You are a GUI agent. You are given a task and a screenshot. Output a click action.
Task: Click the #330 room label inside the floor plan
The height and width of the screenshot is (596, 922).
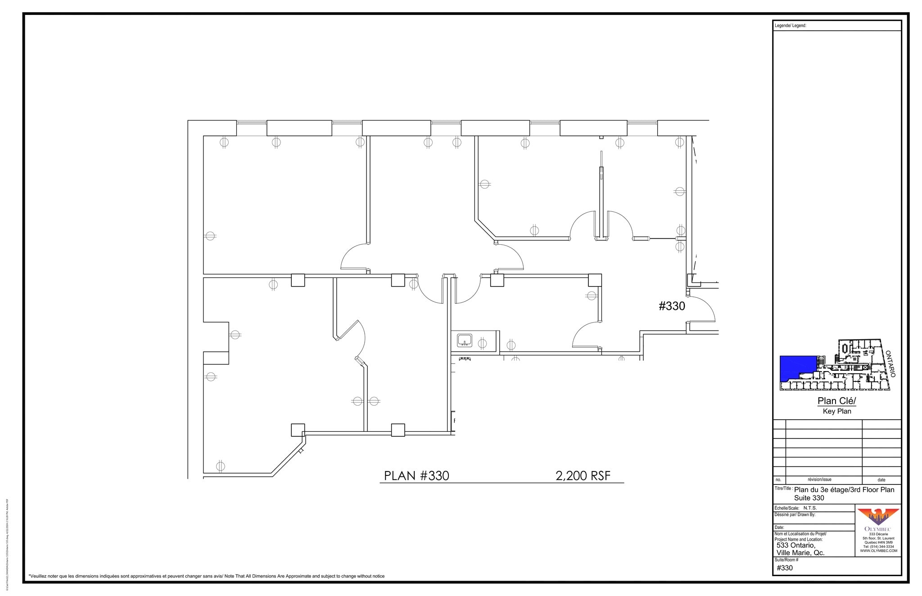pyautogui.click(x=672, y=306)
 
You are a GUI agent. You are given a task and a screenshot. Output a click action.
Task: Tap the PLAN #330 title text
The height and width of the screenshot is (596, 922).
pyautogui.click(x=416, y=475)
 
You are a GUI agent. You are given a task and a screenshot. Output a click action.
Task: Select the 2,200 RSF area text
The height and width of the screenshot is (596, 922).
pyautogui.click(x=583, y=475)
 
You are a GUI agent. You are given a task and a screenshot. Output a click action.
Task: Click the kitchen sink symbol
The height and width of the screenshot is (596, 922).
pyautogui.click(x=465, y=340)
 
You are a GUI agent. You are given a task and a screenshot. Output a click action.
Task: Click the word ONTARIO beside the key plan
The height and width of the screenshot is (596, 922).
pyautogui.click(x=890, y=363)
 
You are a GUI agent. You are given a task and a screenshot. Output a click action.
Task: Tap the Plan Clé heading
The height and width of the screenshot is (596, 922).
pyautogui.click(x=836, y=401)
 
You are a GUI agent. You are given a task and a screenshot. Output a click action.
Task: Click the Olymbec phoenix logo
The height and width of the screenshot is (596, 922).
pyautogui.click(x=878, y=516)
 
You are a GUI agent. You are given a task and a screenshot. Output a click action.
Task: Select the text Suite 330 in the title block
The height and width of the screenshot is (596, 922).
pyautogui.click(x=809, y=498)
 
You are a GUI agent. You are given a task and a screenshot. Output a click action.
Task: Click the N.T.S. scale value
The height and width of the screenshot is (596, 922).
pyautogui.click(x=810, y=508)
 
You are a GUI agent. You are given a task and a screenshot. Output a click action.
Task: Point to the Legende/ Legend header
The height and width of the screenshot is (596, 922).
pyautogui.click(x=791, y=26)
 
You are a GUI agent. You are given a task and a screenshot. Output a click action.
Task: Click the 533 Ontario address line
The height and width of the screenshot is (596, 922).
pyautogui.click(x=796, y=545)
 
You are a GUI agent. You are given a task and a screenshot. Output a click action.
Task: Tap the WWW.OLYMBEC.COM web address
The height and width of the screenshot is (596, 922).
pyautogui.click(x=878, y=551)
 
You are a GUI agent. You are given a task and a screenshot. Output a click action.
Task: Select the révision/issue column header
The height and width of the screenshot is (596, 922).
pyautogui.click(x=823, y=480)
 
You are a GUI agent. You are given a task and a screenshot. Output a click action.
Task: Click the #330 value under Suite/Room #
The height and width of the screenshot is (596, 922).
pyautogui.click(x=785, y=568)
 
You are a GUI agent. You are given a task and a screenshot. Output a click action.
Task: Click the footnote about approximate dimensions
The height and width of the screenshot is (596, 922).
pyautogui.click(x=206, y=576)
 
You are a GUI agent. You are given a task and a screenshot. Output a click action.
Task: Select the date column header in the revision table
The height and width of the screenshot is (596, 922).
pyautogui.click(x=881, y=480)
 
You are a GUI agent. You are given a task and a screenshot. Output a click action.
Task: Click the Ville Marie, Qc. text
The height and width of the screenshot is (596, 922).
pyautogui.click(x=800, y=553)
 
